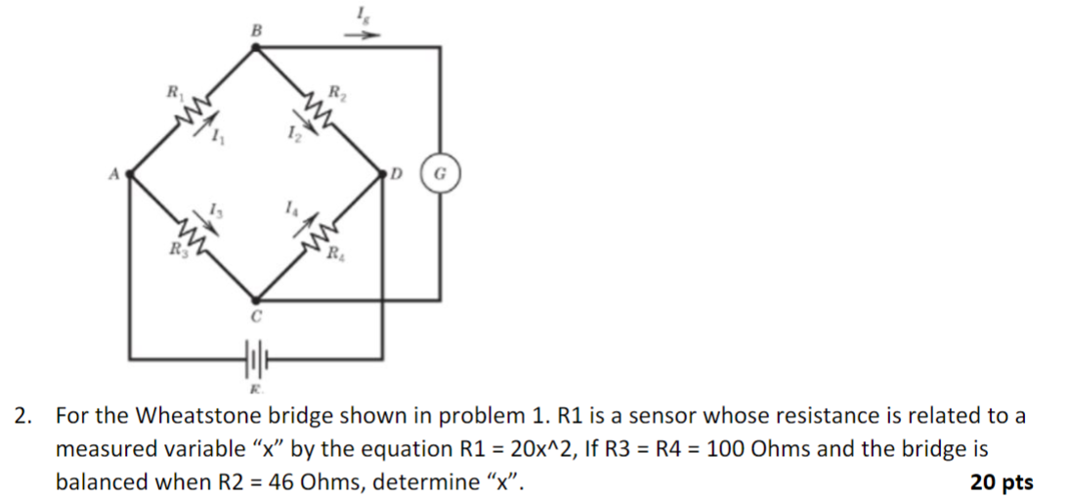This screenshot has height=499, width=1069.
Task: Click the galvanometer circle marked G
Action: point(439,177)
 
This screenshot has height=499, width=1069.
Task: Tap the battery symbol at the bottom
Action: point(255,361)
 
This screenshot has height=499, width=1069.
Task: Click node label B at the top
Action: point(257,31)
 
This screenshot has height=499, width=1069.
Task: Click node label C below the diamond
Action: point(255,318)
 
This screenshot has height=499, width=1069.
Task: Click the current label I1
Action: point(217,141)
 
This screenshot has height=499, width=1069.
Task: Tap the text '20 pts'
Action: point(1002,481)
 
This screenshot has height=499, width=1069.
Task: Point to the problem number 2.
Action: point(21,416)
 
